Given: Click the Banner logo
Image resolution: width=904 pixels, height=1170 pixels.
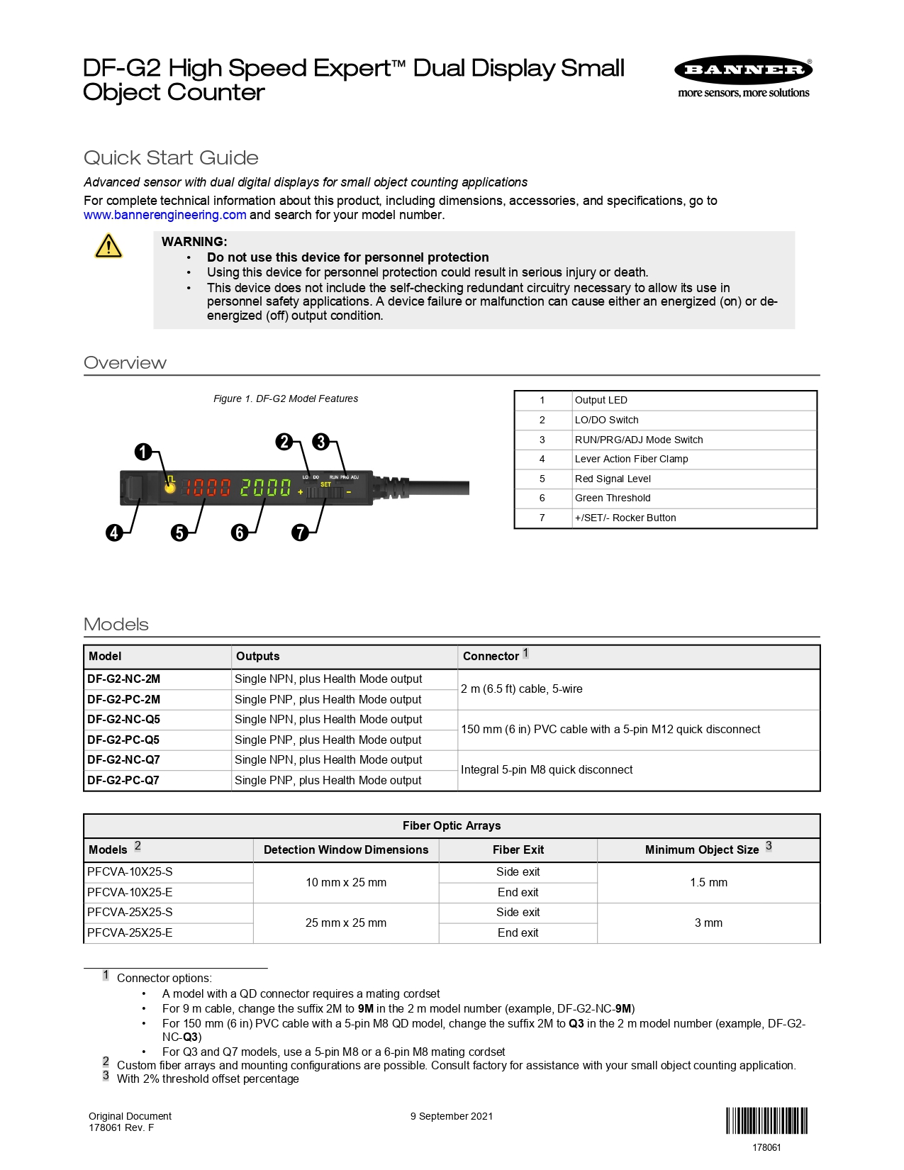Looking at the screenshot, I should [743, 70].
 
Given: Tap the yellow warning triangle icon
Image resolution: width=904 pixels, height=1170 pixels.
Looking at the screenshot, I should [108, 247].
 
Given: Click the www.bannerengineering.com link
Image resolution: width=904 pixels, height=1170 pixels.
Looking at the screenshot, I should [164, 215].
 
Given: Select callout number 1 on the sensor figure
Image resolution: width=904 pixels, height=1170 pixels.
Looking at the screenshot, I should [143, 452].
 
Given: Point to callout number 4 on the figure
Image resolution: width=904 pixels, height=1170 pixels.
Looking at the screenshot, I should [114, 533].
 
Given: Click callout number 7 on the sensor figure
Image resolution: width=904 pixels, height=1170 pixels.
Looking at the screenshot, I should [301, 533].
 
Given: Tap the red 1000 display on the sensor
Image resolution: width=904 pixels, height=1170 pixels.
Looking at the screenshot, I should [208, 487].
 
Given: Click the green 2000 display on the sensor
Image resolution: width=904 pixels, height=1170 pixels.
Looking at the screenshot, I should [265, 487].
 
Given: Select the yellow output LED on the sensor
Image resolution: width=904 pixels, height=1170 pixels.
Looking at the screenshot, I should [170, 488].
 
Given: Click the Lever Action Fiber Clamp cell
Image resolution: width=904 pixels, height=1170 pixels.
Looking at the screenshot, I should [631, 459].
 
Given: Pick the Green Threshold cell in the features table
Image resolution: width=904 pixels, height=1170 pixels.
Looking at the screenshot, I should [613, 498].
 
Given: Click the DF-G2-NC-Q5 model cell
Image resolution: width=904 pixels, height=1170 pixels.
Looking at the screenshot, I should [124, 719].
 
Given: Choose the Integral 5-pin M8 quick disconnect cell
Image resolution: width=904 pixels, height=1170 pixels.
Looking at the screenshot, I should [547, 769].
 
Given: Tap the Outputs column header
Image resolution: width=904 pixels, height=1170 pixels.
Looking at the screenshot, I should [258, 656].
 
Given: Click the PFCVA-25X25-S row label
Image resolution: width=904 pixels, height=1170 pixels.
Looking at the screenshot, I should [130, 912].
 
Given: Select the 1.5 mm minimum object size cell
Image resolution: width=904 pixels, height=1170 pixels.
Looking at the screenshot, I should [708, 882].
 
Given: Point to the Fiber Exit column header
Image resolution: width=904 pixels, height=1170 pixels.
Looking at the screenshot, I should [518, 849].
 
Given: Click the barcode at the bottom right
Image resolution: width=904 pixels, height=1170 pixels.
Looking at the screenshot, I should [766, 1121].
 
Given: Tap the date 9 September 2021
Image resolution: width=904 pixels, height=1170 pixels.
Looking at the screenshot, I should [452, 1116].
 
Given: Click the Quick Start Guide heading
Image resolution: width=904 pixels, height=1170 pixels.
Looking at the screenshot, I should [171, 157].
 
